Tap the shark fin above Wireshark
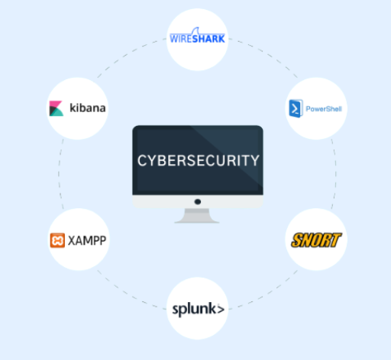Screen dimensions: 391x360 point(195,31)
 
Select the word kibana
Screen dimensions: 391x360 point(88,108)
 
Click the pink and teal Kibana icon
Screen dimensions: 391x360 point(57,108)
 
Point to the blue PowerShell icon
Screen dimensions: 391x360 point(296,108)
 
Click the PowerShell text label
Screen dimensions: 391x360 point(324,109)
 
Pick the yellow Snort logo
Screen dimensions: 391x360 point(316,240)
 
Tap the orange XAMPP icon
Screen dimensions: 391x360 point(57,240)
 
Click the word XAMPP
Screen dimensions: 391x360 point(87,240)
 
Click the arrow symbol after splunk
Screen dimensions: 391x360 point(221,310)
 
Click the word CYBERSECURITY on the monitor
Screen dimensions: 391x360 point(199,160)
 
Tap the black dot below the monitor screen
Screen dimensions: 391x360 point(198,201)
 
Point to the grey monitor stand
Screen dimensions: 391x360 point(197,216)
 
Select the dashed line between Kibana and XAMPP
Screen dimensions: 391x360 point(59,174)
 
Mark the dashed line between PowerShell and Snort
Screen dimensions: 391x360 point(335,174)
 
